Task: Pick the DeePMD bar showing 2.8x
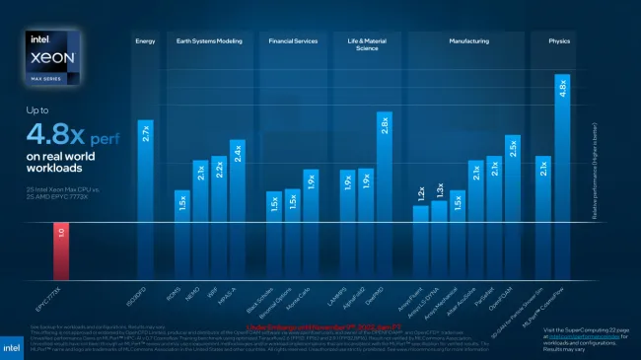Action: tap(384, 168)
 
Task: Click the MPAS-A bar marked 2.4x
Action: tap(237, 182)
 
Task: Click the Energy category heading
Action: tap(144, 41)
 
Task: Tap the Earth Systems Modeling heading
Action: tap(209, 41)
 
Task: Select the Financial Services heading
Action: tap(293, 41)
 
